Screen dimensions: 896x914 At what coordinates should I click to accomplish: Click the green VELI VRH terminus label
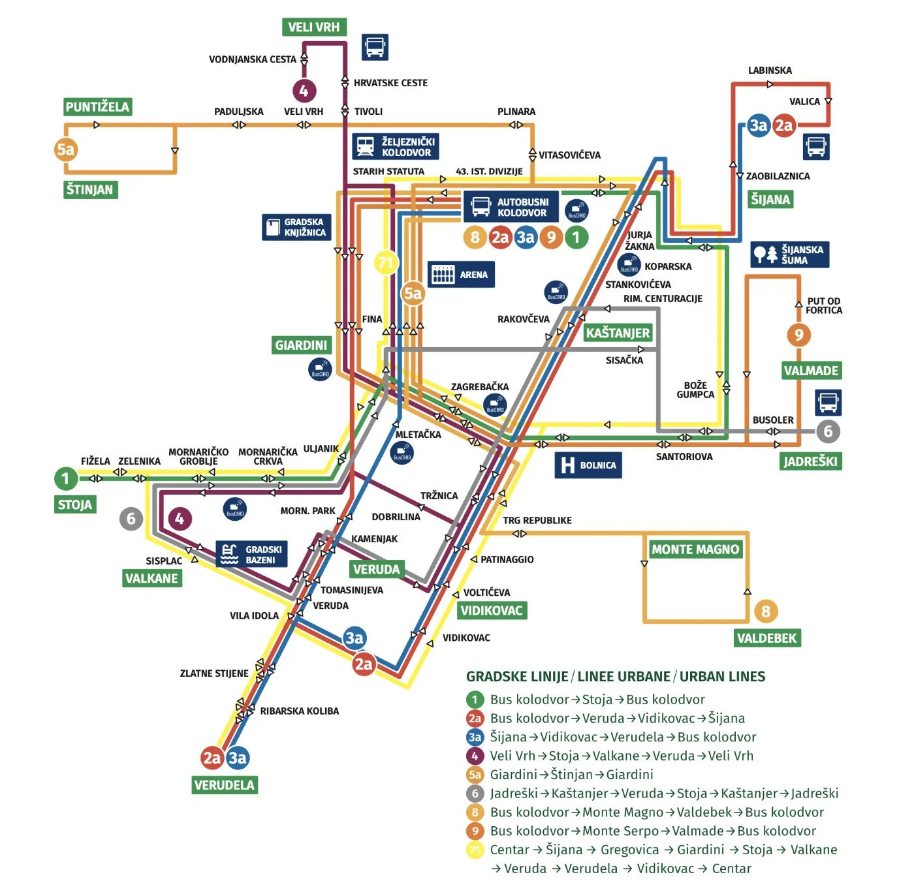point(314,27)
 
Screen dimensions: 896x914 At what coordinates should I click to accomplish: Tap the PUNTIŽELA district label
point(97,106)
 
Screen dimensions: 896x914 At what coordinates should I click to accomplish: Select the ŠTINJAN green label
point(90,189)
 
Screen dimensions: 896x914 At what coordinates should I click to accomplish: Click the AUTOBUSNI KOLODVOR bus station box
point(511,207)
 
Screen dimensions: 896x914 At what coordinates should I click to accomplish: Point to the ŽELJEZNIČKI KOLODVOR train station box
point(396,147)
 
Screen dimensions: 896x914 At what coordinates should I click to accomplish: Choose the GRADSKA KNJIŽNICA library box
point(295,227)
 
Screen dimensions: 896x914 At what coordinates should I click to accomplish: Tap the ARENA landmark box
point(462,275)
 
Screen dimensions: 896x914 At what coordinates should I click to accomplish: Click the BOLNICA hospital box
point(588,465)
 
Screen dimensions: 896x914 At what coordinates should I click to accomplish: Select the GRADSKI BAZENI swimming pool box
point(251,555)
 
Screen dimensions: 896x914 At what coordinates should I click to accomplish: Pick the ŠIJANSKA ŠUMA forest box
point(790,255)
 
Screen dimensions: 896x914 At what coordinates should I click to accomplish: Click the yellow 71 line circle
point(386,263)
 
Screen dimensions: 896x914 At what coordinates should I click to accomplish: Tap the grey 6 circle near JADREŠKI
point(828,431)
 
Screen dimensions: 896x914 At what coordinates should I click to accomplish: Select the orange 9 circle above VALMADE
point(798,335)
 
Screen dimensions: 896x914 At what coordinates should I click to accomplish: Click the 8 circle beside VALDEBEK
point(766,611)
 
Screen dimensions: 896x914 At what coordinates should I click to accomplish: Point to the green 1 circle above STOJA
point(65,478)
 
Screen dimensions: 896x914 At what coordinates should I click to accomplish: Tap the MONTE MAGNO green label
point(695,549)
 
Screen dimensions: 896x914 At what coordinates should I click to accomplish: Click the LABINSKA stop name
point(770,70)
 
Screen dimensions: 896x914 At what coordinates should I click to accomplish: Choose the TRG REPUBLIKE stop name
point(537,520)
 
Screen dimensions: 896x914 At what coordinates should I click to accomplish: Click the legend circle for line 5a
point(475,775)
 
